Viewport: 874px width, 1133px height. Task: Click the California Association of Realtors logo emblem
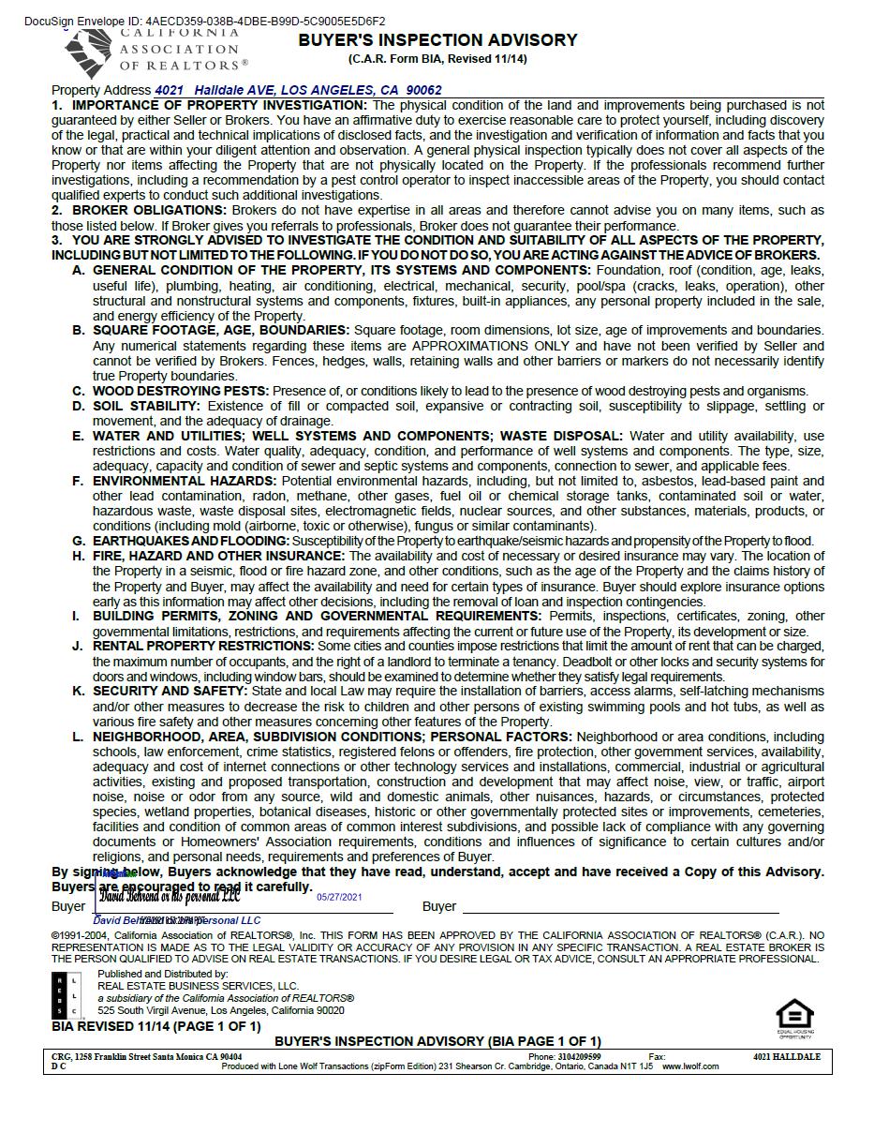pyautogui.click(x=89, y=52)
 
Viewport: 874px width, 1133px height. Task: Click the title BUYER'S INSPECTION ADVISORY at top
pyautogui.click(x=437, y=40)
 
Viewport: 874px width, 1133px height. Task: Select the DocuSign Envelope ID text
pyautogui.click(x=204, y=21)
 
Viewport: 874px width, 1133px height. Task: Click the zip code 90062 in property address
pyautogui.click(x=424, y=90)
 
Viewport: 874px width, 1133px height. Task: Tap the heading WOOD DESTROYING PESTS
pyautogui.click(x=181, y=391)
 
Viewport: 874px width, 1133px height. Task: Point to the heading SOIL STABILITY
pyautogui.click(x=146, y=406)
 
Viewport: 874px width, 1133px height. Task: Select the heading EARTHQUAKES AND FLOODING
pyautogui.click(x=191, y=541)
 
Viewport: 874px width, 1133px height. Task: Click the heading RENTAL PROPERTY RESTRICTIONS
pyautogui.click(x=203, y=646)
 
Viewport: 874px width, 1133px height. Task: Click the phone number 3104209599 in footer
pyautogui.click(x=578, y=1057)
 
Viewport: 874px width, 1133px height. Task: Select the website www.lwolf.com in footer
pyautogui.click(x=690, y=1066)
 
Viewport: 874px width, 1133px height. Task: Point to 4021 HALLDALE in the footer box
pyautogui.click(x=786, y=1057)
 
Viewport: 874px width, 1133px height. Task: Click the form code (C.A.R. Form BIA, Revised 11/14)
pyautogui.click(x=437, y=59)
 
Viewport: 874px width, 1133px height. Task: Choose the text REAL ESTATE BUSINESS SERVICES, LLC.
pyautogui.click(x=198, y=986)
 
